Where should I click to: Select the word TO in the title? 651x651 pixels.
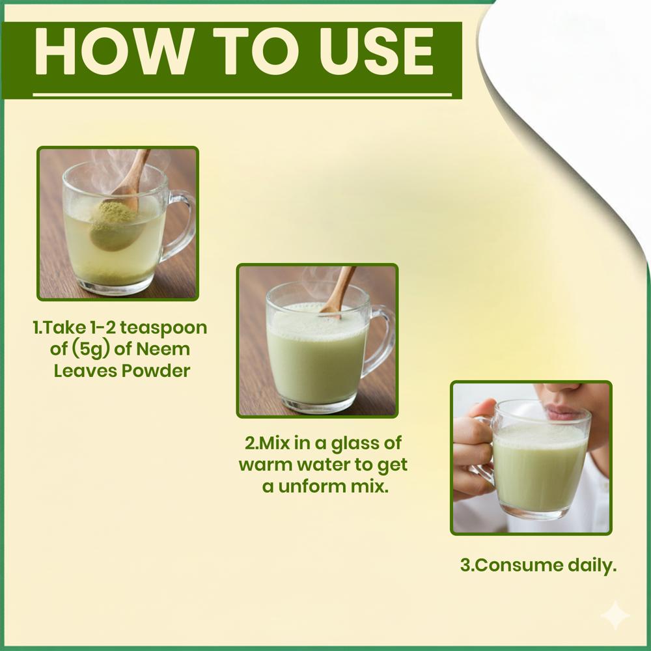tap(256, 51)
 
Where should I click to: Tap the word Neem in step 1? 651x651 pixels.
tap(163, 349)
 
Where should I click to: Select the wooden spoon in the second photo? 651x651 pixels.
tap(339, 290)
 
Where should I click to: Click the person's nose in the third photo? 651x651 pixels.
tap(567, 388)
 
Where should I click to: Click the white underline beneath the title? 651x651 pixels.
tap(242, 94)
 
